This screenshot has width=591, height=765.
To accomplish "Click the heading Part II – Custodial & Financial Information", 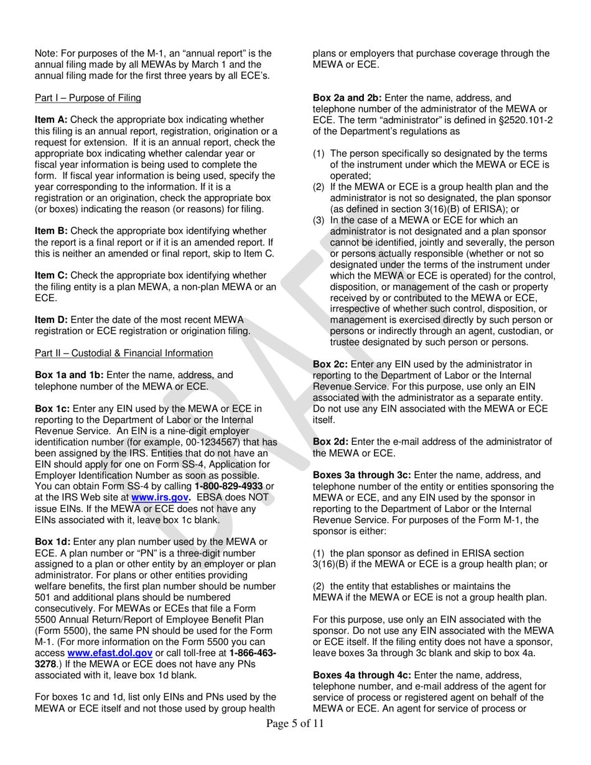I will (x=124, y=353).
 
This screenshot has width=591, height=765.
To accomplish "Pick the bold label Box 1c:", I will (x=53, y=409).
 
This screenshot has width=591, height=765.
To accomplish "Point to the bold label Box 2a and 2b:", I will (x=352, y=98).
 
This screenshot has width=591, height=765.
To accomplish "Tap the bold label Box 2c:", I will (x=330, y=364).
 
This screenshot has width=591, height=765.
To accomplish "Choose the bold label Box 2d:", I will (x=330, y=442).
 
